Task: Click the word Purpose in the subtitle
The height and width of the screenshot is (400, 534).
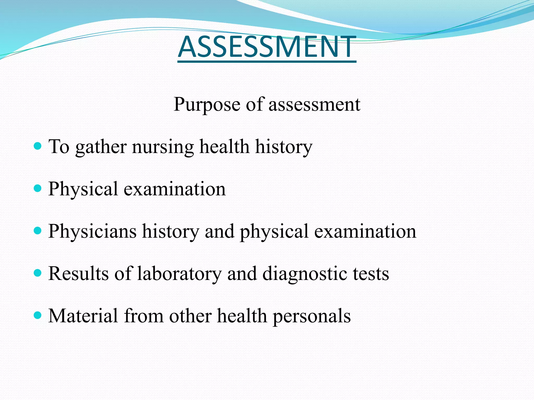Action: pyautogui.click(x=207, y=104)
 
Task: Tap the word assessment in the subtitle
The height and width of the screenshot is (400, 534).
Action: pyautogui.click(x=314, y=104)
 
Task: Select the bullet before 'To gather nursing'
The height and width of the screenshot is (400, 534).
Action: pyautogui.click(x=38, y=146)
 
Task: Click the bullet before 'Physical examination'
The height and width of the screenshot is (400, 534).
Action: pyautogui.click(x=38, y=188)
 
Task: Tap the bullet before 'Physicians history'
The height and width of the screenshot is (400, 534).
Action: pyautogui.click(x=38, y=230)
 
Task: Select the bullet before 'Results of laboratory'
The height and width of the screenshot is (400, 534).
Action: pyautogui.click(x=38, y=273)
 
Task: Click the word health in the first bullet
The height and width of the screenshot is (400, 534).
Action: pyautogui.click(x=224, y=147)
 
